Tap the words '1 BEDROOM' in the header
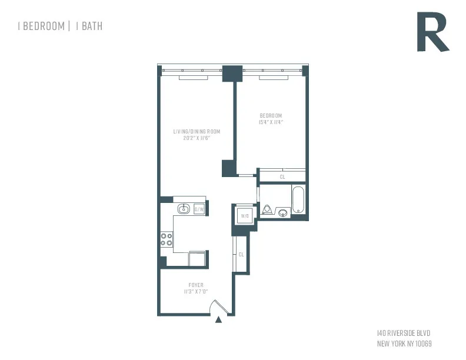pos(41,26)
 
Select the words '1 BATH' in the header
pos(89,26)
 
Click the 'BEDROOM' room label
pos(271,115)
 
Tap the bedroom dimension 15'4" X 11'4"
pos(271,122)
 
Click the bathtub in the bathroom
pos(298,200)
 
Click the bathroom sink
pos(283,212)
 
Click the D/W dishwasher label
pos(199,209)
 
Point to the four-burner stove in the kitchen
pos(167,239)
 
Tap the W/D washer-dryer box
pos(243,216)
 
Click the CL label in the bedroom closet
pos(282,176)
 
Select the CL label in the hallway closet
pos(241,254)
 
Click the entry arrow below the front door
pos(219,320)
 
